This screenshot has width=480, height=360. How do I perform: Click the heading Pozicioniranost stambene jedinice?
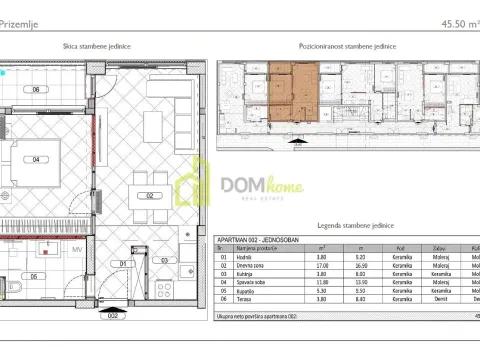pyautogui.click(x=346, y=47)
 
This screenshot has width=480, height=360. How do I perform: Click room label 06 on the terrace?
pyautogui.click(x=36, y=90)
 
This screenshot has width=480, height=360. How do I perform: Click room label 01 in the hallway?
pyautogui.click(x=123, y=264)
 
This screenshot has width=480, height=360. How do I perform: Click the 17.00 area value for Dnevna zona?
pyautogui.click(x=322, y=263)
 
